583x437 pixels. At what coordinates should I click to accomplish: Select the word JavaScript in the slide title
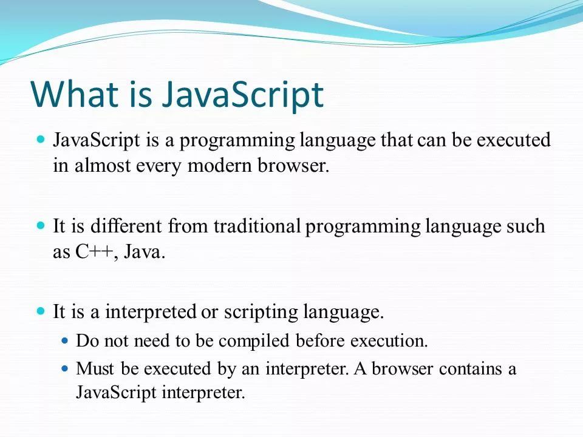tap(242, 97)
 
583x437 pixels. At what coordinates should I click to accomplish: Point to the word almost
tap(103, 165)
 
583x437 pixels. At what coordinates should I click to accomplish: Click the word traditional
tap(257, 226)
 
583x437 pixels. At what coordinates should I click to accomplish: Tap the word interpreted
tap(150, 312)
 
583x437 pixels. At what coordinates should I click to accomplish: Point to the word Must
tap(95, 368)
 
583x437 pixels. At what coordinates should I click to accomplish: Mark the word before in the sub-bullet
tap(320, 340)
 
